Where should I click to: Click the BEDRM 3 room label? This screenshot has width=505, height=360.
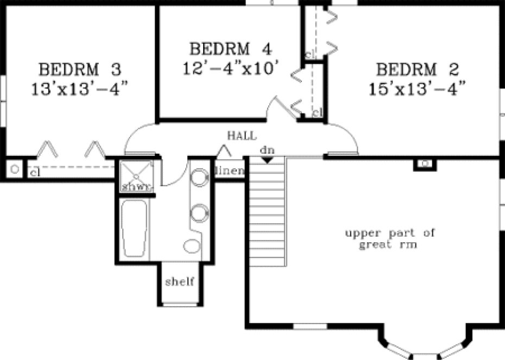coord(79,70)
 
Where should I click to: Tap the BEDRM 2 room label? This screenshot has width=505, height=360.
coord(418,70)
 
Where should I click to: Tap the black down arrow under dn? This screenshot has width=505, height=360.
coord(267,160)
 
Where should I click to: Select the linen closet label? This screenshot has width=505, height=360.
coord(228,172)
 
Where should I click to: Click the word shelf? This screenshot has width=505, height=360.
coord(180,282)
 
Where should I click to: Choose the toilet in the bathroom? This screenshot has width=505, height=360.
coord(191,246)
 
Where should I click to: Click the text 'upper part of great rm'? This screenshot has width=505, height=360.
coord(390,239)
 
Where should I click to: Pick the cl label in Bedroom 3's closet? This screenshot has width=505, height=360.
coord(34,173)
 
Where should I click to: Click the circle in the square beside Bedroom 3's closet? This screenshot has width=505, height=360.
coord(15,169)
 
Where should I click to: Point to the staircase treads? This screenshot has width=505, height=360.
coord(267,212)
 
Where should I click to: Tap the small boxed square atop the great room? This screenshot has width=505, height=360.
coord(425,163)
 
